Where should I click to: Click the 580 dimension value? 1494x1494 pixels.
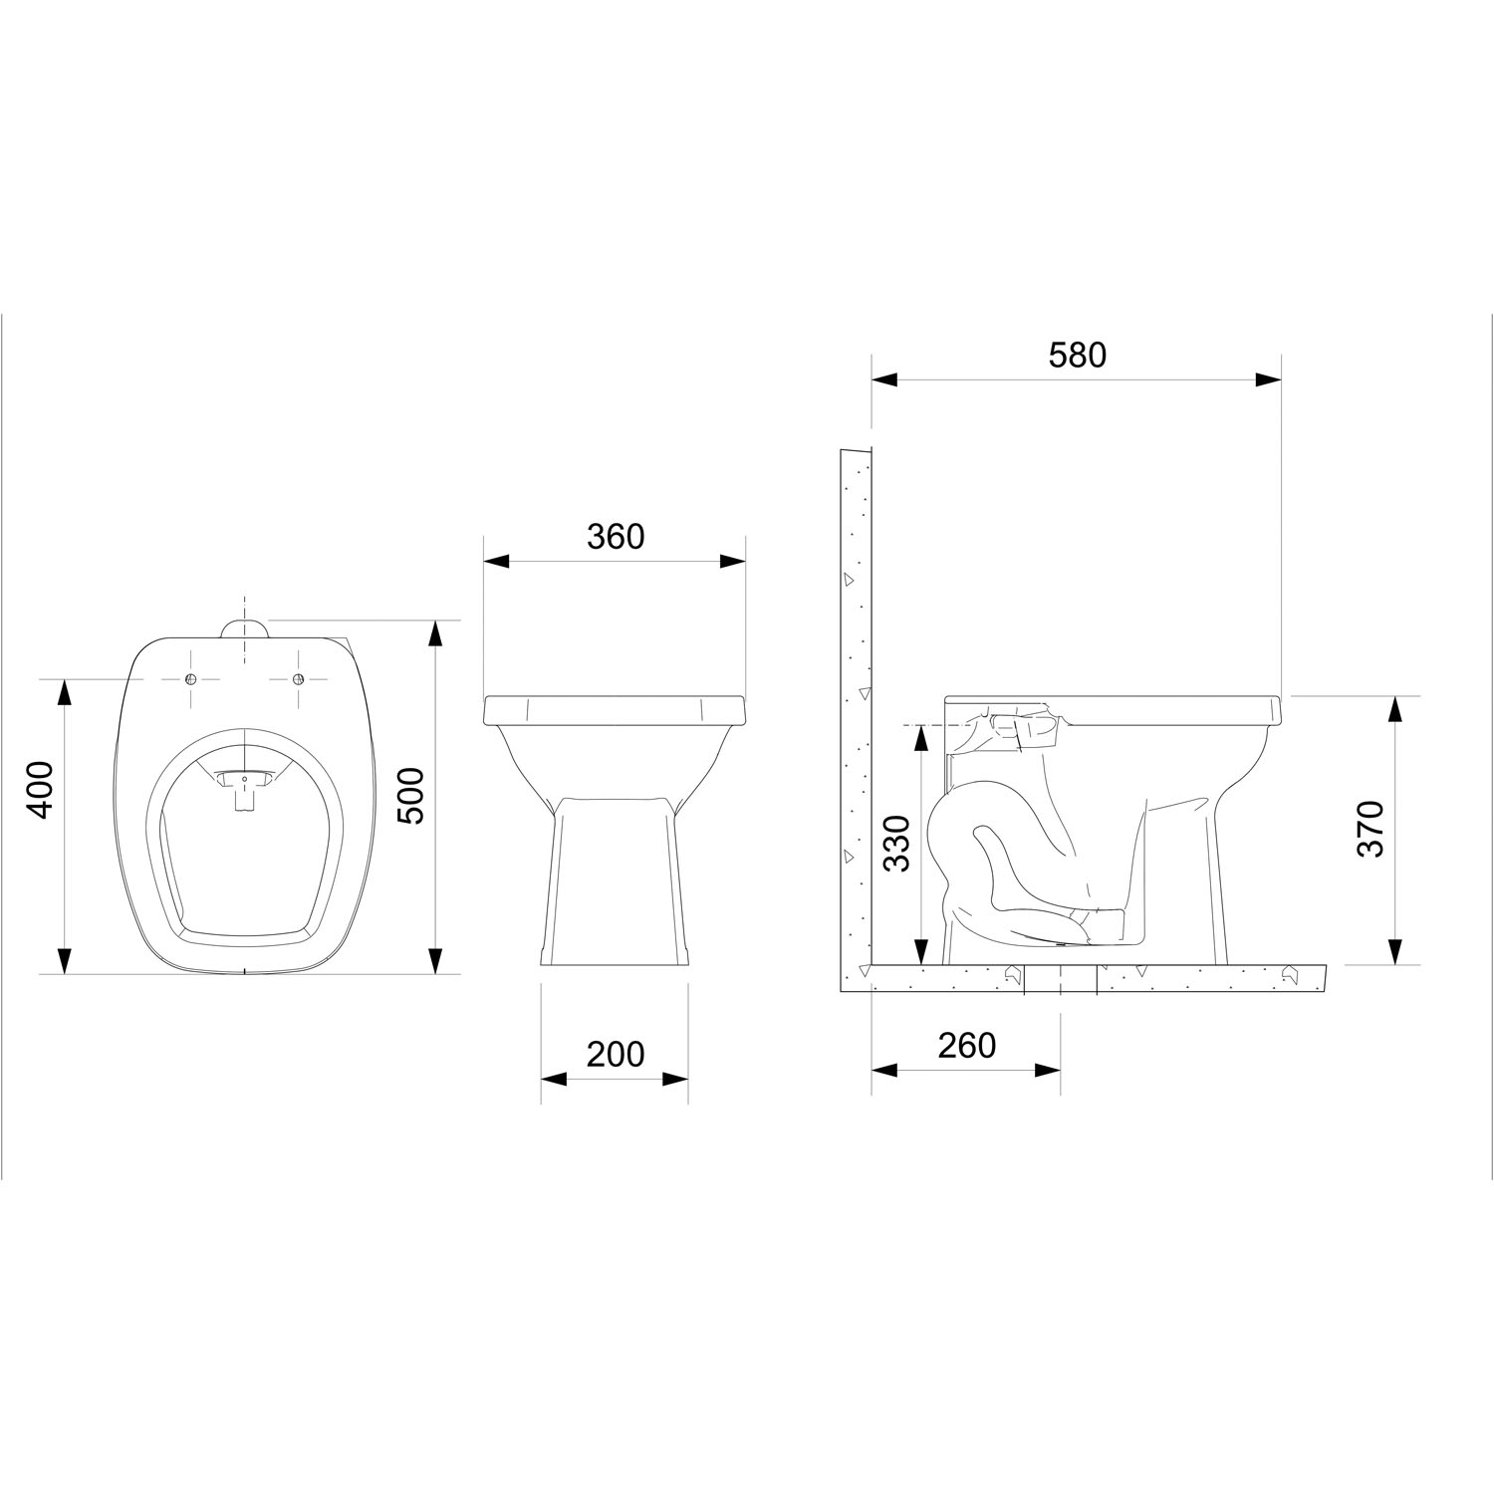coord(1078,355)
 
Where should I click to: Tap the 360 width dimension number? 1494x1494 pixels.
coord(616,537)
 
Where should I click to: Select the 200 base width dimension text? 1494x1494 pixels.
coord(616,1053)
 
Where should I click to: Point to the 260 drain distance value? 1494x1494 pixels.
coord(967,1045)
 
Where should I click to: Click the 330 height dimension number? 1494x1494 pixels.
coord(898,843)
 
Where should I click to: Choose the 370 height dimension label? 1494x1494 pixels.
coord(1371,829)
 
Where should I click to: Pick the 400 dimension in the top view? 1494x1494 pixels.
coord(39,790)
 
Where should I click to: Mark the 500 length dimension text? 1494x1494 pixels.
coord(411,795)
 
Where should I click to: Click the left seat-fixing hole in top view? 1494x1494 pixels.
coord(191,678)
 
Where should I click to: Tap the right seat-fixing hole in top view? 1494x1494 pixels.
coord(297,678)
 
